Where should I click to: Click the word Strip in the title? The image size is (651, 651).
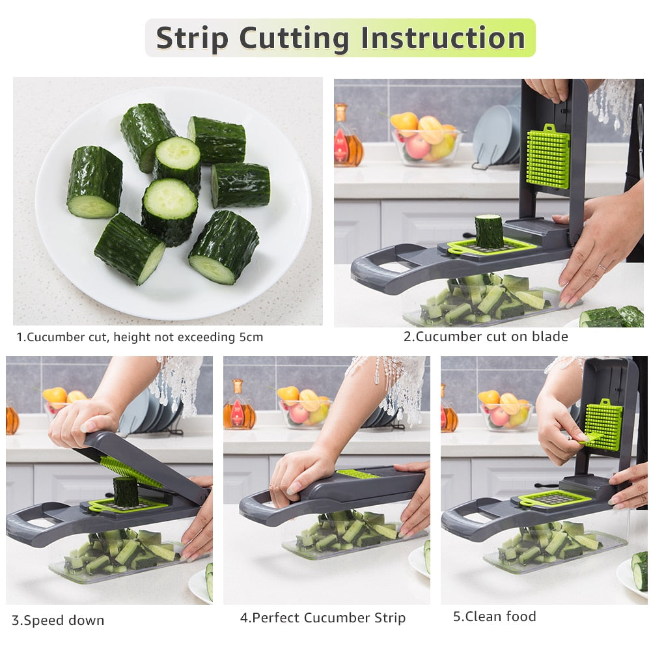(193, 38)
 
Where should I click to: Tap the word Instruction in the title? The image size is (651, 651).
(443, 38)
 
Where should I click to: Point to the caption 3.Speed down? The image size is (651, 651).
(58, 620)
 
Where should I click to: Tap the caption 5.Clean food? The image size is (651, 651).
(495, 616)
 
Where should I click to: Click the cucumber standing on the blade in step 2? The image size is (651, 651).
(489, 231)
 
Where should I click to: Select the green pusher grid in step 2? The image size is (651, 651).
(547, 156)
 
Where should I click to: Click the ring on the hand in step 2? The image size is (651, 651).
(602, 268)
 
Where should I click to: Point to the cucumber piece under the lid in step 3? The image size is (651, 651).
(126, 491)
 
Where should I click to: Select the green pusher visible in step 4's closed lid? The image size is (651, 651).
(357, 474)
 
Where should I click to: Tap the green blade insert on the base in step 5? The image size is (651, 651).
(555, 499)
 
